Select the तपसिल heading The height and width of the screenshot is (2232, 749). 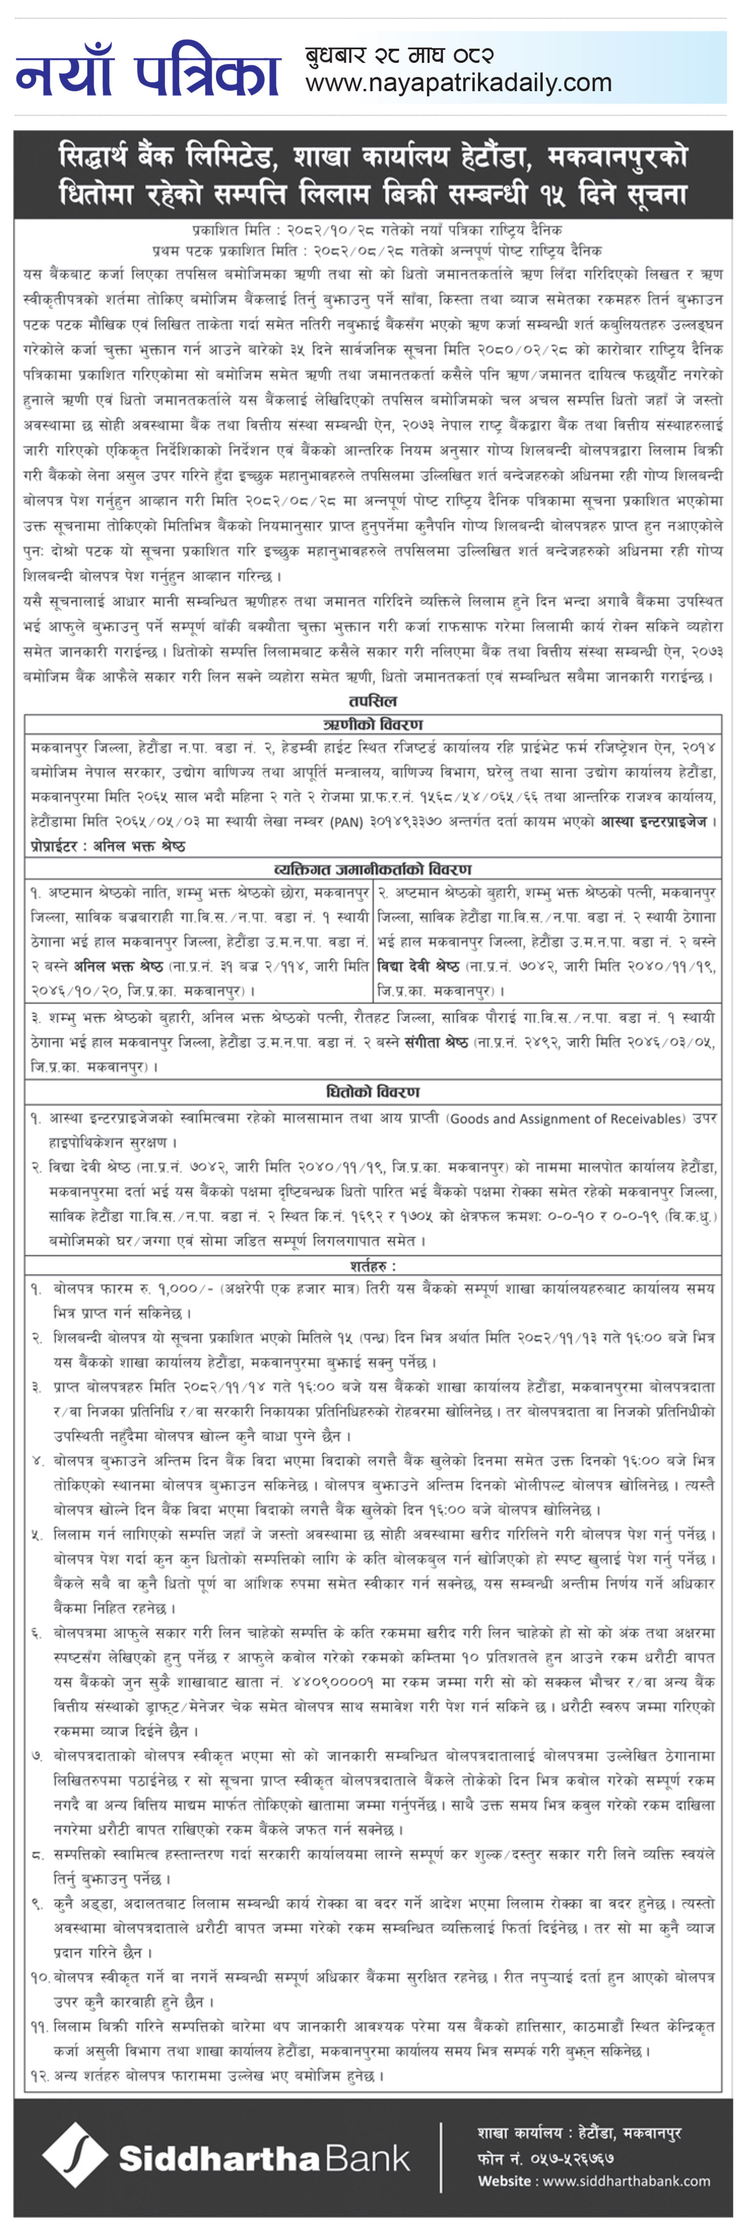click(x=373, y=701)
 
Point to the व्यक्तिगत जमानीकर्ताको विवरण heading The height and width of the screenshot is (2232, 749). click(x=373, y=869)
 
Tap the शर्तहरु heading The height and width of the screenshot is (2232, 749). click(x=373, y=1266)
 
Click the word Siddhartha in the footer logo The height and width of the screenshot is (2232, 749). click(x=217, y=2158)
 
